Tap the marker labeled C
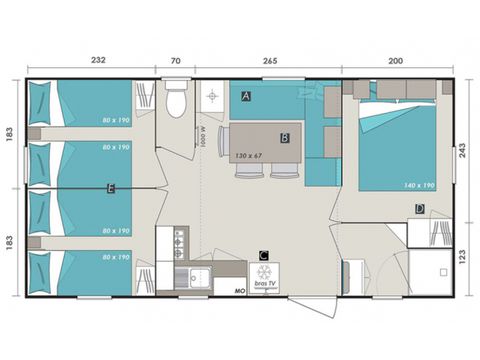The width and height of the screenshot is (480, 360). point(263,255)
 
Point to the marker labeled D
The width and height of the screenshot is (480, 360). point(420,209)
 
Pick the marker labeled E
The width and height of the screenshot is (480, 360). point(111,187)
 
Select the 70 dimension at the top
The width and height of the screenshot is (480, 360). point(176,61)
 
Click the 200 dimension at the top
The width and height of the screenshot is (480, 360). point(397,61)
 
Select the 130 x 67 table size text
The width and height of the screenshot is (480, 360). point(248,156)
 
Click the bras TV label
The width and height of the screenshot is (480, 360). point(265,286)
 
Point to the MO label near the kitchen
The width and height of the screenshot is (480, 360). point(239,290)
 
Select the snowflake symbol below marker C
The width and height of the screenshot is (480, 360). point(265,272)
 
